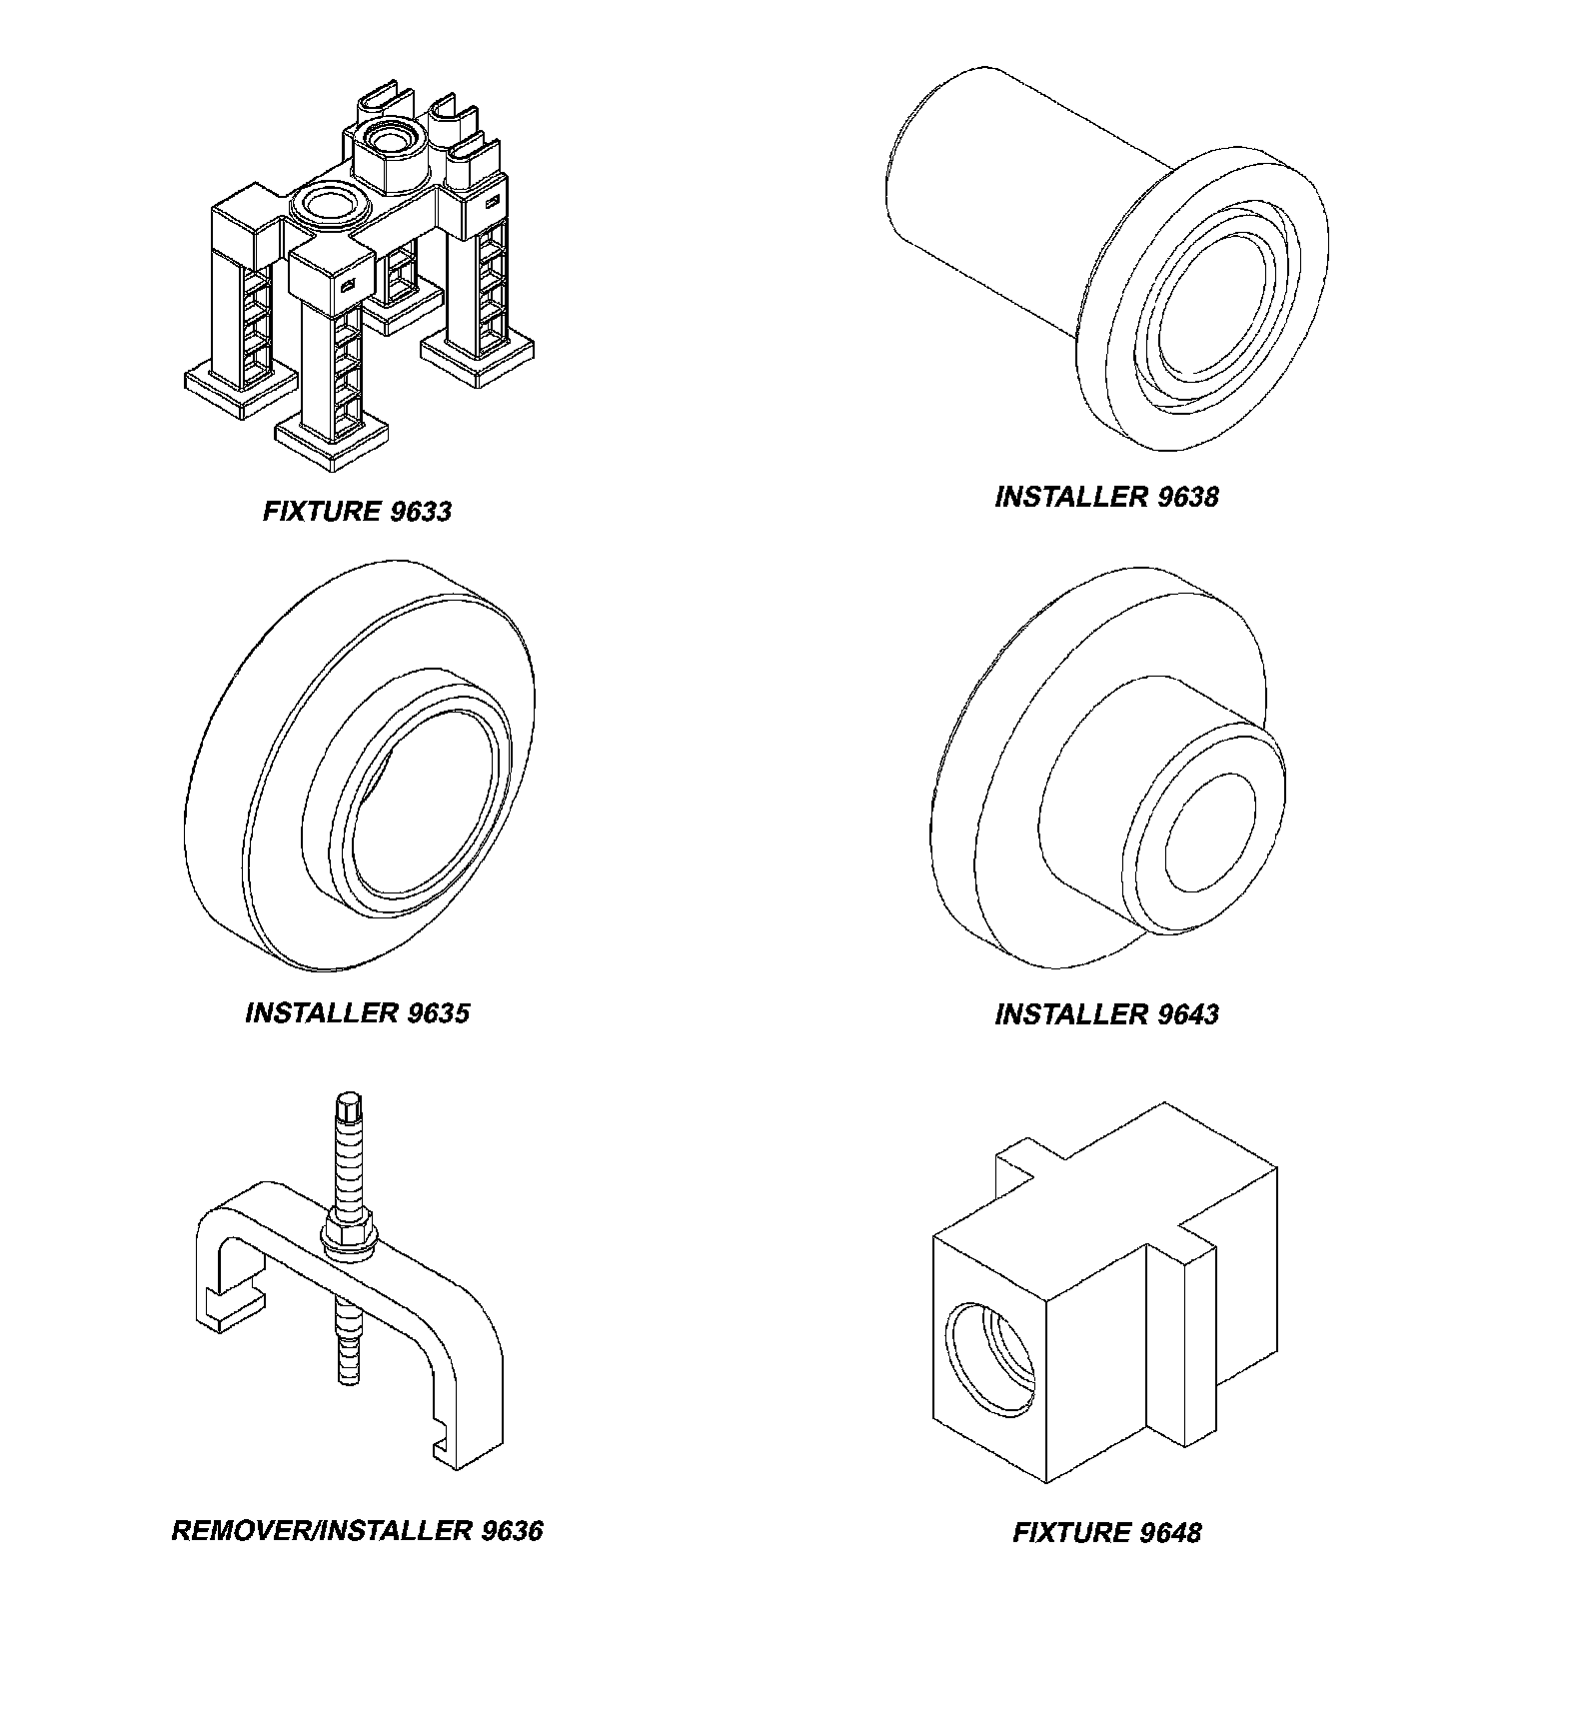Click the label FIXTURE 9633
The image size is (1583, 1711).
[357, 512]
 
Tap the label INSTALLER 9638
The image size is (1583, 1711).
[1106, 497]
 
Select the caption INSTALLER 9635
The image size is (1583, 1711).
[357, 1012]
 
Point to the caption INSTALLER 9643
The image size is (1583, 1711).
[1106, 1014]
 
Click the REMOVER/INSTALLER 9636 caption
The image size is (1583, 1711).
[357, 1531]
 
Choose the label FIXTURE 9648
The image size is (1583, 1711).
[1106, 1532]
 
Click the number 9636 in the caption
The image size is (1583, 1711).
[511, 1531]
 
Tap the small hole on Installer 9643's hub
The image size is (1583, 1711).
[1210, 832]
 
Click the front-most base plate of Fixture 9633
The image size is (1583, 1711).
[331, 437]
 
